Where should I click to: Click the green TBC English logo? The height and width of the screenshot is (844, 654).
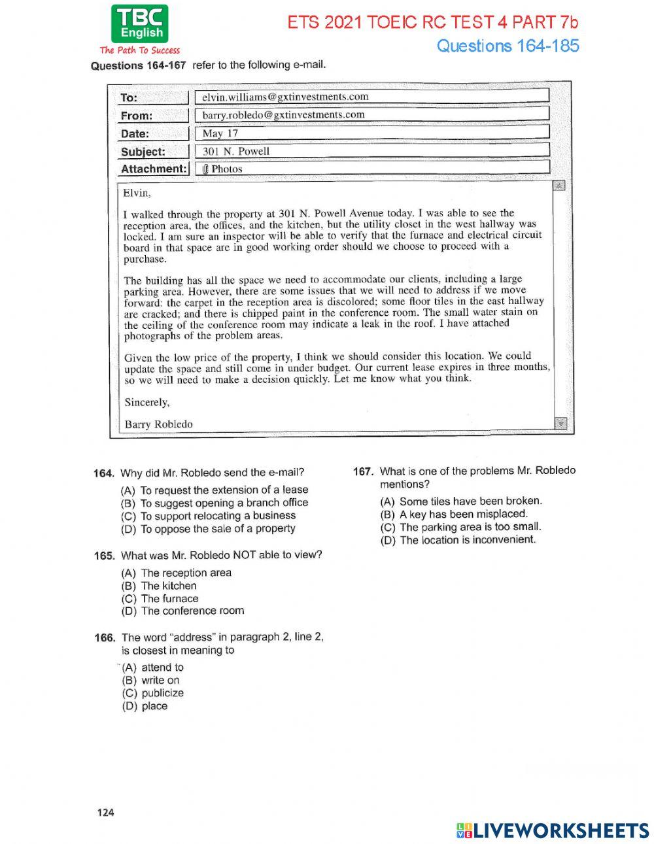pos(139,24)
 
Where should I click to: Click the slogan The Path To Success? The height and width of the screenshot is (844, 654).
pos(139,50)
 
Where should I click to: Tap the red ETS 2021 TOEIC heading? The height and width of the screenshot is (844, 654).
pos(433,22)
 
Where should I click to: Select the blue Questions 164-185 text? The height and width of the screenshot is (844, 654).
pos(508,46)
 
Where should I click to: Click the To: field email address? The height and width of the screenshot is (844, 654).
pos(285,97)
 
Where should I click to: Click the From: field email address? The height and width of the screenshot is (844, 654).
pos(283,115)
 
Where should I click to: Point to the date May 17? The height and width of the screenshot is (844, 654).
pos(220,133)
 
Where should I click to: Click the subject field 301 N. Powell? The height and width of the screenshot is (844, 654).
pos(235,151)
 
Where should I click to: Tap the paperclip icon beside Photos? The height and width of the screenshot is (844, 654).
pos(205,169)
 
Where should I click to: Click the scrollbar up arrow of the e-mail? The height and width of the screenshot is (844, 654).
pos(559,186)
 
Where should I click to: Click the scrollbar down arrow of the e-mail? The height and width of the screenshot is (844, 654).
pos(560,424)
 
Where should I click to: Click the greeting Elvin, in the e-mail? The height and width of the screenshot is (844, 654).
pos(137,193)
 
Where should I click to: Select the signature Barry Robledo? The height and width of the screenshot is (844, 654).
pos(158,424)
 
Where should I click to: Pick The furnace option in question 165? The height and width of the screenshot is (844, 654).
pos(160,598)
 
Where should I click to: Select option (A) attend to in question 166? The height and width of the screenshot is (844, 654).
pos(153,667)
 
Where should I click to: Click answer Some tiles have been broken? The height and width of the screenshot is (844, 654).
pos(462,501)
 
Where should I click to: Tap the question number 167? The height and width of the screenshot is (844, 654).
pos(363,471)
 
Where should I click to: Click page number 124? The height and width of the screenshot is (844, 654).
pos(105,813)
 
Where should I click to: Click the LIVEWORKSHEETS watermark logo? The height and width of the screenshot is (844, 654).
pos(553,830)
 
